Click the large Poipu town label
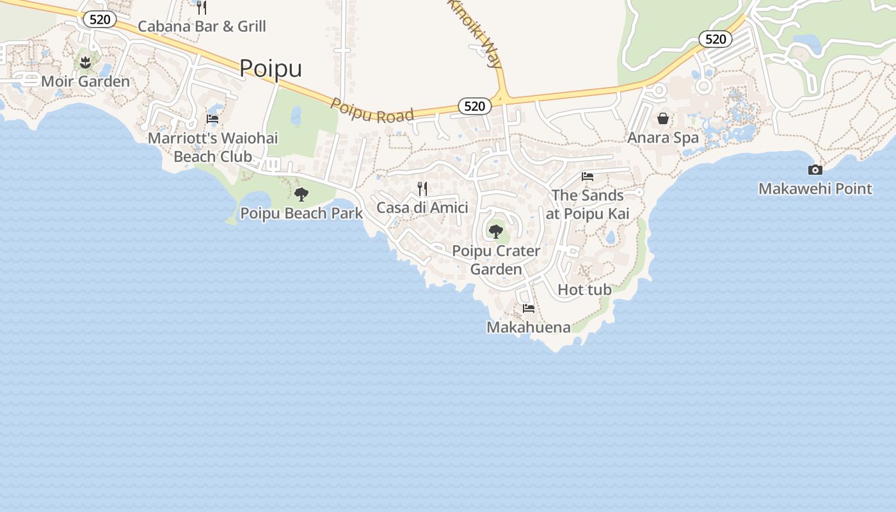pos(271,68)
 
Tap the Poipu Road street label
pos(372,110)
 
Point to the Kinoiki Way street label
pos(474,32)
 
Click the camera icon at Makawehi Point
pos(815,170)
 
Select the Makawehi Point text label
pos(815,189)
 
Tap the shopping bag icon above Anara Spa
pos(663,118)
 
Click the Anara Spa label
pos(663,138)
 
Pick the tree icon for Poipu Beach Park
pos(301,195)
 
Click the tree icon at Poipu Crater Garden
pos(495,232)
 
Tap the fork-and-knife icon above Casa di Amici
pos(422,189)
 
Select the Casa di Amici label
pos(422,207)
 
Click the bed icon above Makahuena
pos(529,308)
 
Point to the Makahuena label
pos(529,328)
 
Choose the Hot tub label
pos(584,290)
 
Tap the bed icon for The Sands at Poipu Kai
pos(588,177)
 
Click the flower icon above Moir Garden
pos(85,62)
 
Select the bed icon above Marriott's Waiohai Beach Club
pos(212,119)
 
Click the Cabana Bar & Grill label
pos(202,26)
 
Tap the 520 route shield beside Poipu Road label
pos(474,106)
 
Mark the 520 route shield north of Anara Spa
pos(715,39)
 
